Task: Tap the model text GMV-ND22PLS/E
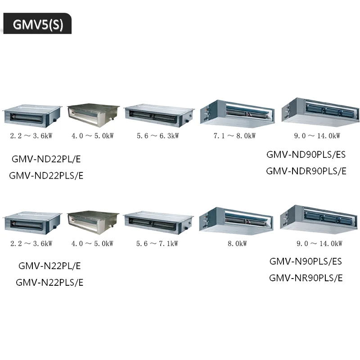point(46,175)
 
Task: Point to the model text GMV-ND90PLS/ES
point(306,154)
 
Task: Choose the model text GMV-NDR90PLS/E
point(306,171)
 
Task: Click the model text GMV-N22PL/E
point(49,265)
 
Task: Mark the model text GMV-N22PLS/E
point(49,283)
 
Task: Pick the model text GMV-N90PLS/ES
point(306,261)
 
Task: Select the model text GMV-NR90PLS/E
point(306,278)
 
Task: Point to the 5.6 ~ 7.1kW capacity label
point(157,243)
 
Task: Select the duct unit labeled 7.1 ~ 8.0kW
point(236,112)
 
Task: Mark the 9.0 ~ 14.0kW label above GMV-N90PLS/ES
point(319,243)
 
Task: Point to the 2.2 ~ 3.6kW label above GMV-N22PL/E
point(31,243)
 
